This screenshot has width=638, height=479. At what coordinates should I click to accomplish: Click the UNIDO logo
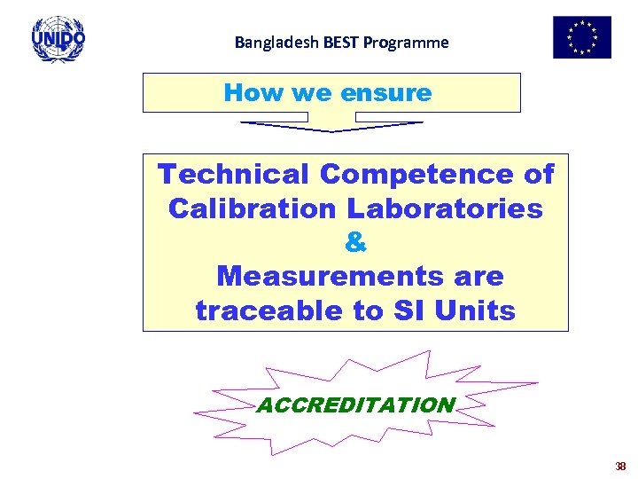click(x=58, y=39)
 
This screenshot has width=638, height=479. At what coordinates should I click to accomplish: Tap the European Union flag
click(x=581, y=37)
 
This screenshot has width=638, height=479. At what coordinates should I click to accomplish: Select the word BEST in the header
click(x=330, y=42)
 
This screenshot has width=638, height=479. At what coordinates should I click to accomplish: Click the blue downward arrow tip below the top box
click(x=331, y=130)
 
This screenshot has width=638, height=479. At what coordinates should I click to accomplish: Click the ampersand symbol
click(x=355, y=242)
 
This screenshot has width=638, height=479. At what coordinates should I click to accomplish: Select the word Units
click(x=478, y=310)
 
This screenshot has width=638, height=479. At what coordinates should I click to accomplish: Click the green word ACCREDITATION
click(x=355, y=405)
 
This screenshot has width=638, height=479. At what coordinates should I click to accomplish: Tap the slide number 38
click(x=620, y=467)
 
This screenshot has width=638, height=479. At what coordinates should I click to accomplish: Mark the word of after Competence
click(x=539, y=174)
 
